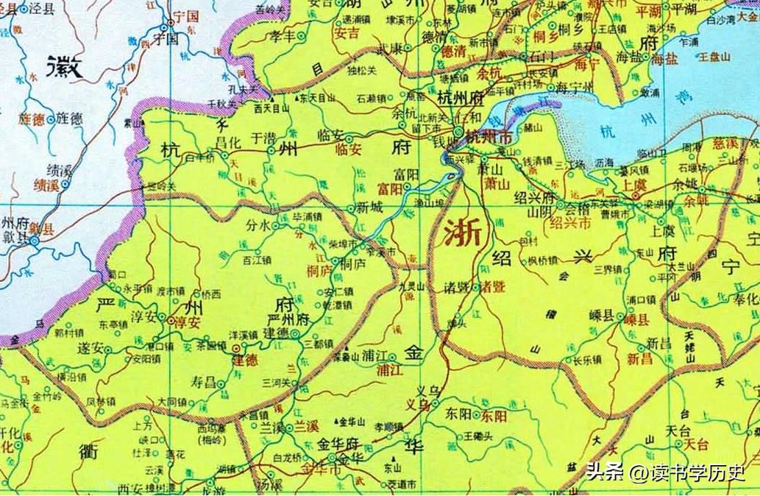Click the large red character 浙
(463, 233)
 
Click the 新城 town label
(369, 208)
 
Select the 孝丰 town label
(283, 35)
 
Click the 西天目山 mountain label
(269, 109)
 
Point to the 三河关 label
(277, 383)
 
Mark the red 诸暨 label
(492, 287)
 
